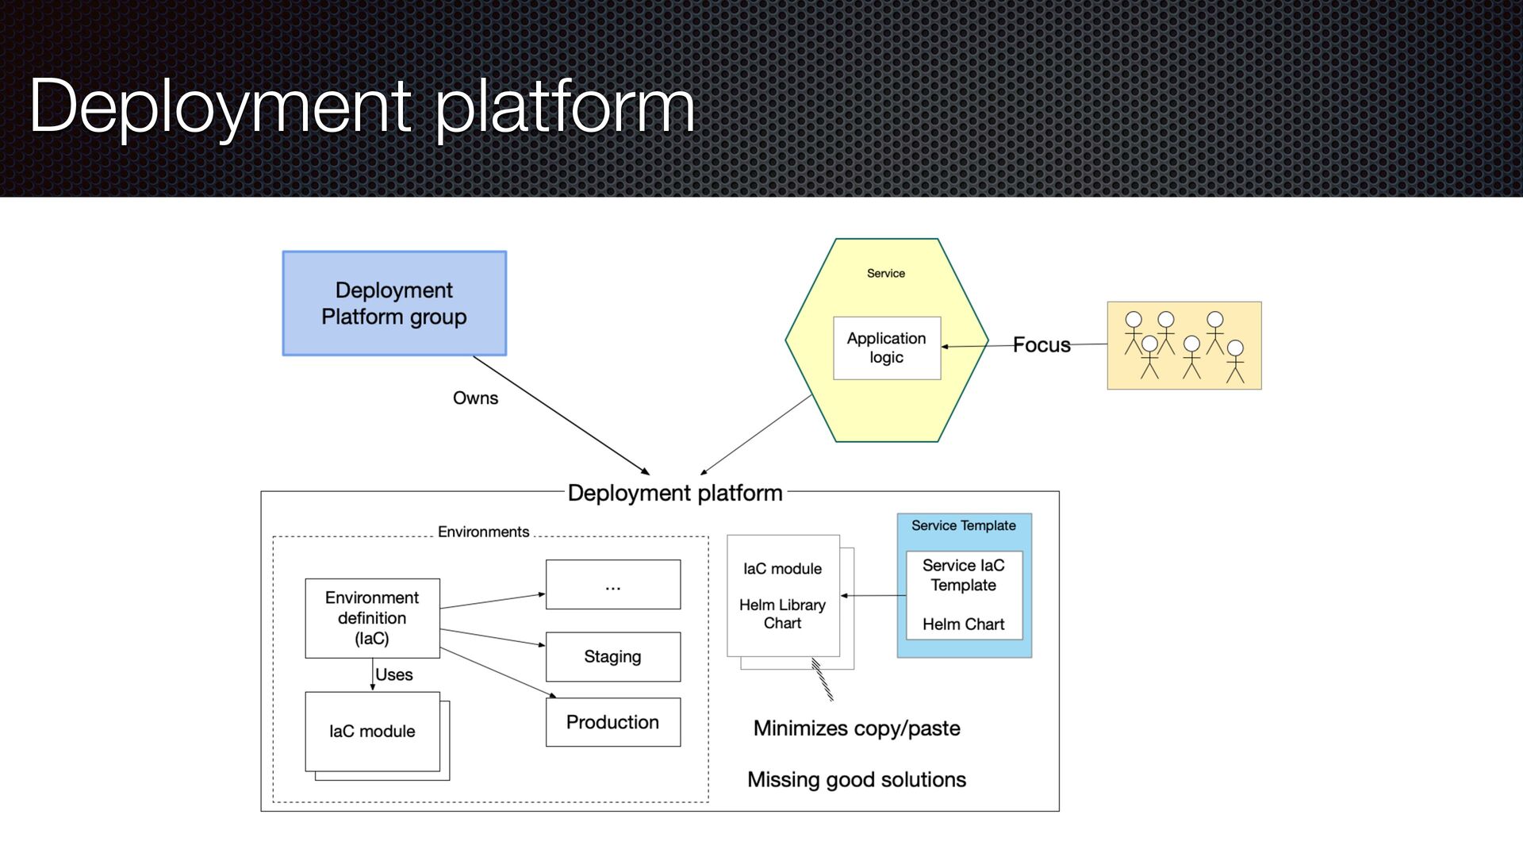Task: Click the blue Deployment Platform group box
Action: [x=394, y=303]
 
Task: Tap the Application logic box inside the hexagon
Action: [x=886, y=348]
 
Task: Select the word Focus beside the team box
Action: [x=1041, y=345]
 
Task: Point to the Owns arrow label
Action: [x=475, y=398]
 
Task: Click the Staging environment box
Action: [x=612, y=656]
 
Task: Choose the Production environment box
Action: [x=612, y=722]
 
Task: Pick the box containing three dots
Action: [x=612, y=585]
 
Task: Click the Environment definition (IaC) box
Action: [x=372, y=618]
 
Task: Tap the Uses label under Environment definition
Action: [x=394, y=674]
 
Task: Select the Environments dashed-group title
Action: [x=483, y=532]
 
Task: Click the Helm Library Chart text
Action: [x=782, y=614]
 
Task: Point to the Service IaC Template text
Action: [x=963, y=575]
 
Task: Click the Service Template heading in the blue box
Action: [x=963, y=525]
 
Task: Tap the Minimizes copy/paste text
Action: [x=857, y=728]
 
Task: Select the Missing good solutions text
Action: [x=857, y=780]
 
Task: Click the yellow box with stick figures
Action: [x=1183, y=345]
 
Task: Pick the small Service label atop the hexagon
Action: [x=885, y=274]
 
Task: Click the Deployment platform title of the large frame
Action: [x=675, y=493]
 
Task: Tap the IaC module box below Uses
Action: [x=372, y=732]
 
